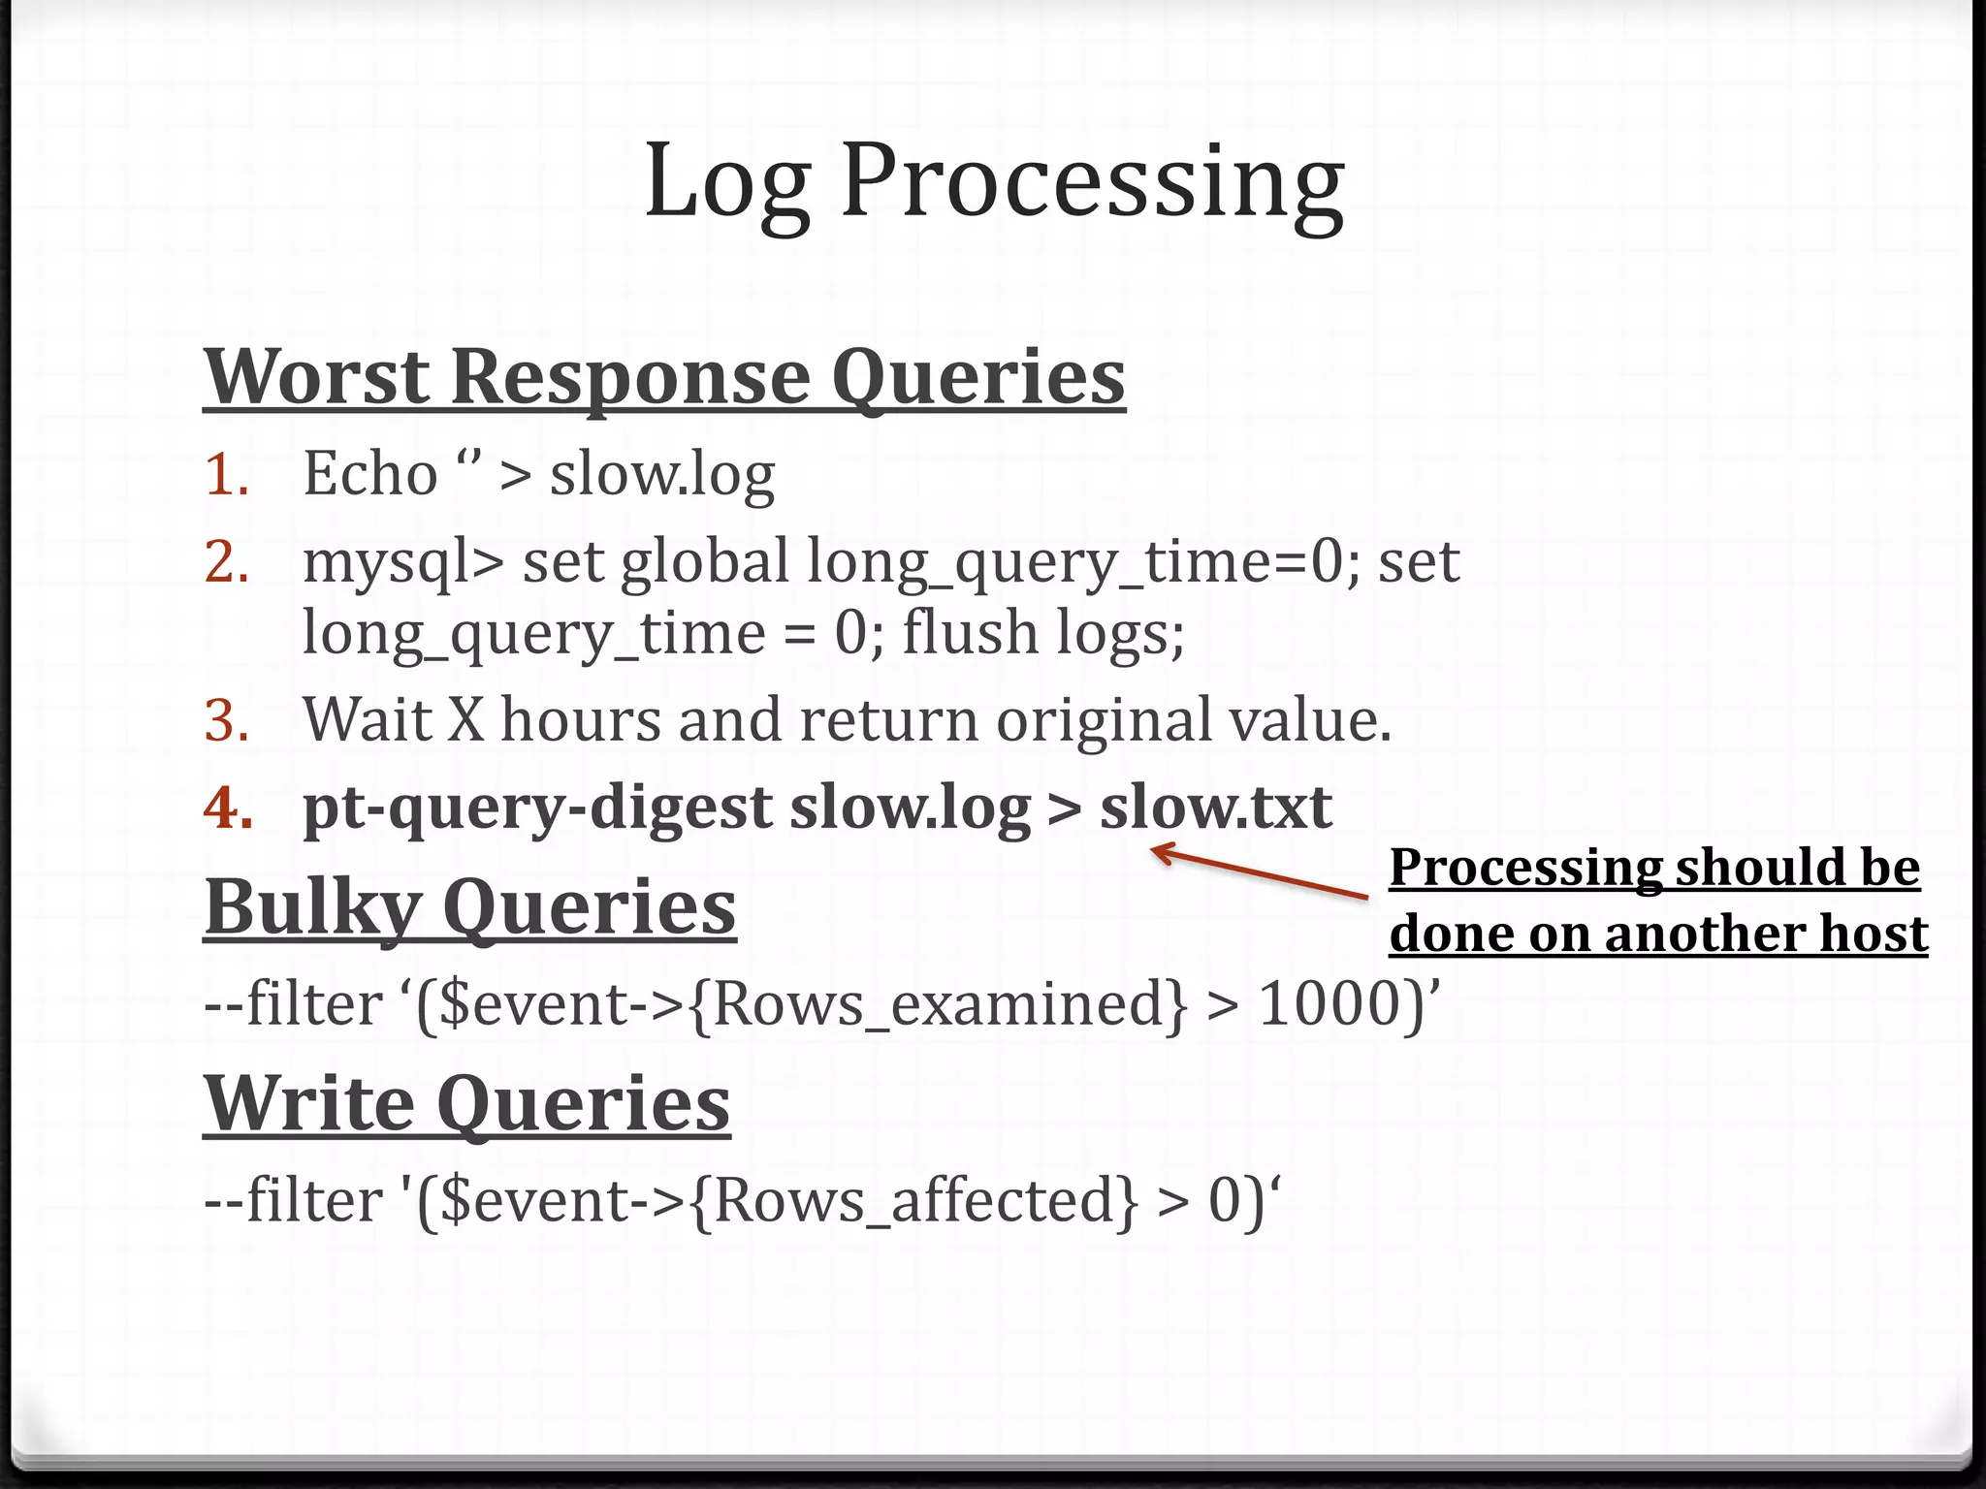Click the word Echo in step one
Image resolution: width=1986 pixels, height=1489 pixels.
coord(369,475)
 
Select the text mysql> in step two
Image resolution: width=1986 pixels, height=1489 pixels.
coord(402,563)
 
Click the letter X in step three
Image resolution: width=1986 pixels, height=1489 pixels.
coord(464,721)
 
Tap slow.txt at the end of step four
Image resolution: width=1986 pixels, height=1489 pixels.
coord(1215,808)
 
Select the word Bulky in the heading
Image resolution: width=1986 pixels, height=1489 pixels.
coord(312,908)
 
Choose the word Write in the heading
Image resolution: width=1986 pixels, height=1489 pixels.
coord(308,1105)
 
